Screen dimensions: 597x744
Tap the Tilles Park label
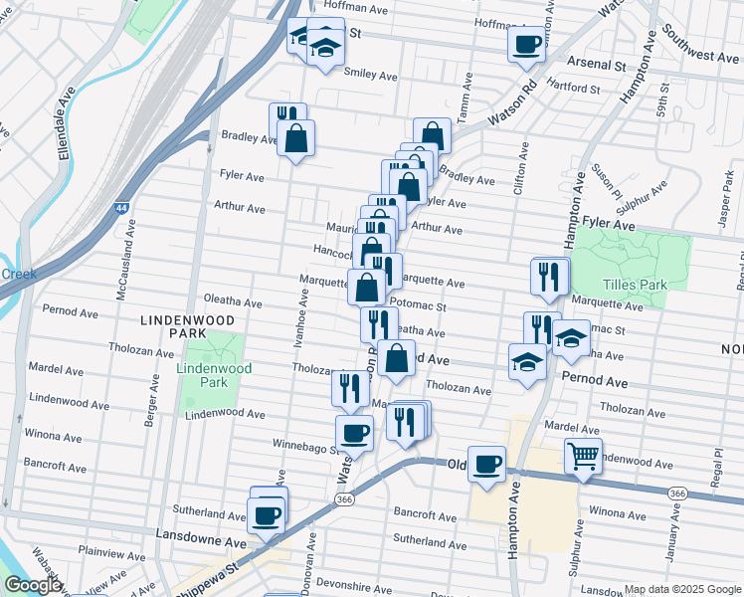pos(640,285)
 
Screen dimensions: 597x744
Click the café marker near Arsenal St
pos(527,45)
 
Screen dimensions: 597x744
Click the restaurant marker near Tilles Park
pos(551,278)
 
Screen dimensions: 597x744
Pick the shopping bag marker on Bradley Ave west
pos(295,139)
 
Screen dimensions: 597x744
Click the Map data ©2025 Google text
pos(681,589)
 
